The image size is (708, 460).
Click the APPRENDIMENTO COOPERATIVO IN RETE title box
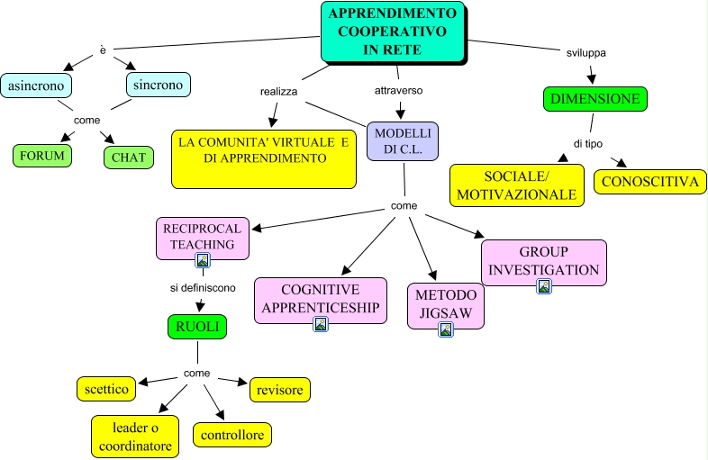tap(393, 32)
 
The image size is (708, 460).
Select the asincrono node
tap(36, 86)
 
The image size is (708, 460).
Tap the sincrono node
tap(158, 85)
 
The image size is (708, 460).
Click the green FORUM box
tap(41, 156)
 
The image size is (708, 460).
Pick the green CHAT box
tap(128, 158)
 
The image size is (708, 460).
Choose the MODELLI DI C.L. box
tap(403, 140)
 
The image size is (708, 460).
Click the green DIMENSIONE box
tap(595, 98)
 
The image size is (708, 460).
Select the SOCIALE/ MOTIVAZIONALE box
tap(516, 185)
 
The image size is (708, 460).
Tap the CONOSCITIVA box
tap(649, 181)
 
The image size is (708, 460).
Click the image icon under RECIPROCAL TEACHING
tap(203, 261)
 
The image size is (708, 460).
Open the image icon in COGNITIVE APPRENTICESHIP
tap(321, 324)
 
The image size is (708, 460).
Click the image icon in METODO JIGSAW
tap(445, 329)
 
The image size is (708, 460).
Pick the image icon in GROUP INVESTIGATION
tap(544, 286)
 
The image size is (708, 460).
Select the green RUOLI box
tap(196, 327)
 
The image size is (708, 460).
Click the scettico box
tap(106, 389)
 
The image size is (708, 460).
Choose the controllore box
tap(232, 436)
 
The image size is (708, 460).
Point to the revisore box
tap(280, 389)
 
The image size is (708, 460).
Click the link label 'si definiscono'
tap(203, 288)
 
